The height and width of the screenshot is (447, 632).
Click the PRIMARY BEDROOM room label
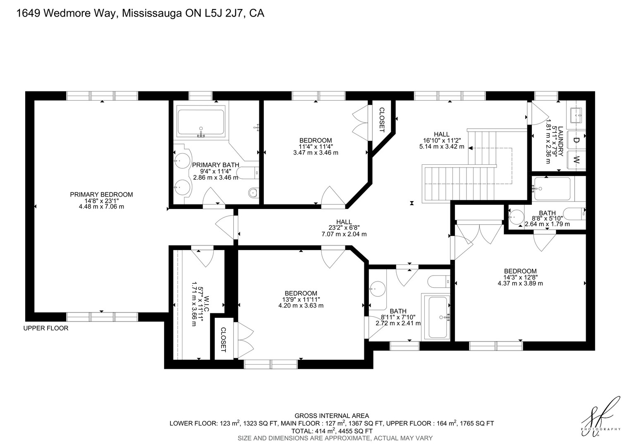pyautogui.click(x=101, y=195)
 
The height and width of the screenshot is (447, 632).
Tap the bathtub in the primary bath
pyautogui.click(x=201, y=122)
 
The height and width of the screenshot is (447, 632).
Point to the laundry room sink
pyautogui.click(x=576, y=115)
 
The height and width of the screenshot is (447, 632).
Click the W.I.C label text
pyautogui.click(x=206, y=303)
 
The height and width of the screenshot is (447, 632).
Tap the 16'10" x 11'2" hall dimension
pyautogui.click(x=442, y=140)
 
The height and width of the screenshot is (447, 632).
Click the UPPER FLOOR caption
pyautogui.click(x=46, y=328)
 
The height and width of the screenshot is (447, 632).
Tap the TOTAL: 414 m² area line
pyautogui.click(x=332, y=431)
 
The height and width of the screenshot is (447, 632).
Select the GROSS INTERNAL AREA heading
pyautogui.click(x=332, y=416)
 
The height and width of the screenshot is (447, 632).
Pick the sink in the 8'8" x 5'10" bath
pyautogui.click(x=517, y=217)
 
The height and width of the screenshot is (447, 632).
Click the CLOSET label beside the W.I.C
pyautogui.click(x=223, y=339)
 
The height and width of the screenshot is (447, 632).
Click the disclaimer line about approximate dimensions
pyautogui.click(x=335, y=438)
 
